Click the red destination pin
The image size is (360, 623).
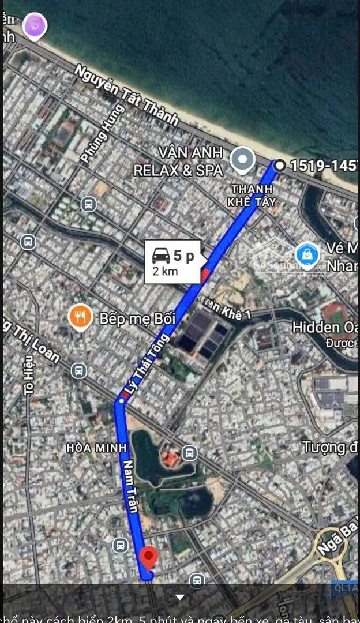click(x=149, y=557)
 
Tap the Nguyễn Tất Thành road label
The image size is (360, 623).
click(x=126, y=95)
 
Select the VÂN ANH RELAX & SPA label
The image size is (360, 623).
click(x=178, y=162)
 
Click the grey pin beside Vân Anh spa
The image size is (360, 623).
click(x=243, y=160)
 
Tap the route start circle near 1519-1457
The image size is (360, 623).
click(x=280, y=166)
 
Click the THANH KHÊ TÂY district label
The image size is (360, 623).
click(x=252, y=195)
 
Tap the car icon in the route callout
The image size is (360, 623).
click(x=161, y=255)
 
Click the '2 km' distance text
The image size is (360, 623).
click(x=165, y=271)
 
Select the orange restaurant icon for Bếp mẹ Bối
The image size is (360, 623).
click(x=81, y=317)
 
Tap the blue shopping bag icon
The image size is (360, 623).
click(x=307, y=254)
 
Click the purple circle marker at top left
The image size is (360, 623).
click(x=35, y=26)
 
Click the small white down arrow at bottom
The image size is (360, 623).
click(x=180, y=597)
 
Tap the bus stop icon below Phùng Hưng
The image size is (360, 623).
click(x=89, y=204)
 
